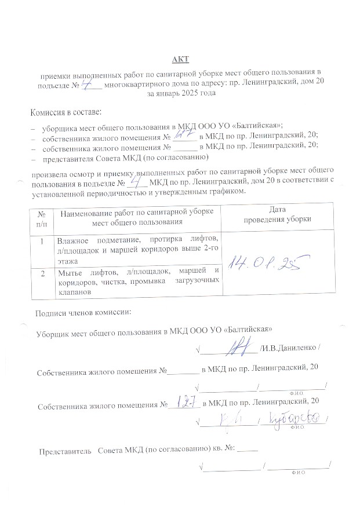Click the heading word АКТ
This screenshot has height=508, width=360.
pyautogui.click(x=180, y=60)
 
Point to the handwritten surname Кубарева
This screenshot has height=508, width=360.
pyautogui.click(x=296, y=418)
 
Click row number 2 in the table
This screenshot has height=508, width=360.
pyautogui.click(x=42, y=273)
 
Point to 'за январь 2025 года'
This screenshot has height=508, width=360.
pyautogui.click(x=181, y=93)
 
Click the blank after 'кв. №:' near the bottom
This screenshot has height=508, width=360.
pyautogui.click(x=248, y=450)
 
